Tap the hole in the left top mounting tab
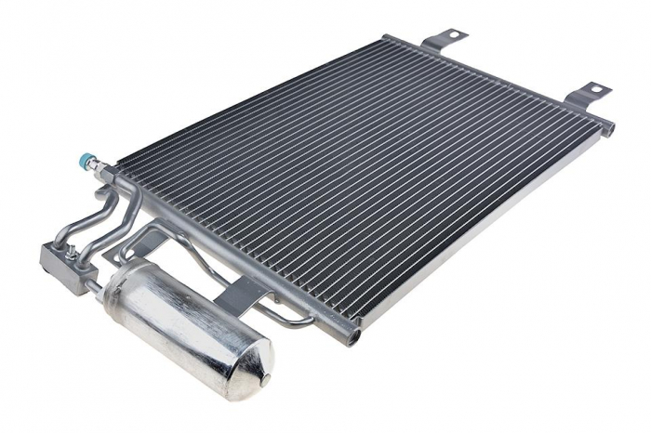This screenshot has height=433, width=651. click(x=455, y=35)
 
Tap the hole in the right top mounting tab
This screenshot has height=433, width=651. click(x=595, y=90)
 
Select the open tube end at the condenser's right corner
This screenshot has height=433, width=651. click(x=610, y=128)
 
